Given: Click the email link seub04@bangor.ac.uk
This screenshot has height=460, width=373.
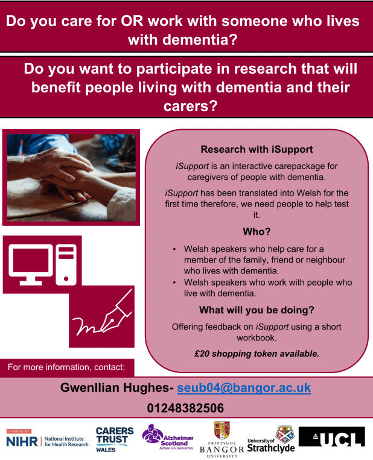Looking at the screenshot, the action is coord(244,388).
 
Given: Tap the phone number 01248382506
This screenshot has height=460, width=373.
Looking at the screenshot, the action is coord(185,408).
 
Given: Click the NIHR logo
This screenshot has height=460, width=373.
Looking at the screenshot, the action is coord(47,439).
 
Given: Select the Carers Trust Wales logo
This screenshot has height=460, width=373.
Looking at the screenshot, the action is coord(114,439).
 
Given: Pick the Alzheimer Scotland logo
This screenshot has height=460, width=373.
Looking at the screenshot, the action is coord(168,438).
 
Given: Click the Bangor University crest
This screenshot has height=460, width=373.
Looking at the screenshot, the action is coord(222,430).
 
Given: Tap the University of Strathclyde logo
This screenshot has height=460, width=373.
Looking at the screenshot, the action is coord(271,439).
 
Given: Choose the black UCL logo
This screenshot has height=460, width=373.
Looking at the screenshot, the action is coord(331,437).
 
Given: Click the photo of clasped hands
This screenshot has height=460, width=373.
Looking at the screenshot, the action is coord(71,177).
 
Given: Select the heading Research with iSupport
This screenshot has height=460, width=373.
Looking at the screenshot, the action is coord(257,149).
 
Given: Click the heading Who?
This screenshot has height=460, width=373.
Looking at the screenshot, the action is coord(257,232).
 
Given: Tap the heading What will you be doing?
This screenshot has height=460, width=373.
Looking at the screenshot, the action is coord(257,310).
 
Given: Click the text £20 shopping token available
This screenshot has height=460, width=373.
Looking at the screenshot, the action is coord(257,354).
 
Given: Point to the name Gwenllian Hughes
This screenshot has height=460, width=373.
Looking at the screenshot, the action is coord(115,388).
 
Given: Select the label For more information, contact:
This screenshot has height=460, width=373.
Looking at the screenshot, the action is coord(66,367).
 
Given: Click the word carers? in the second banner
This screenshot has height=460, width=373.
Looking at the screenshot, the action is coord(191,106).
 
